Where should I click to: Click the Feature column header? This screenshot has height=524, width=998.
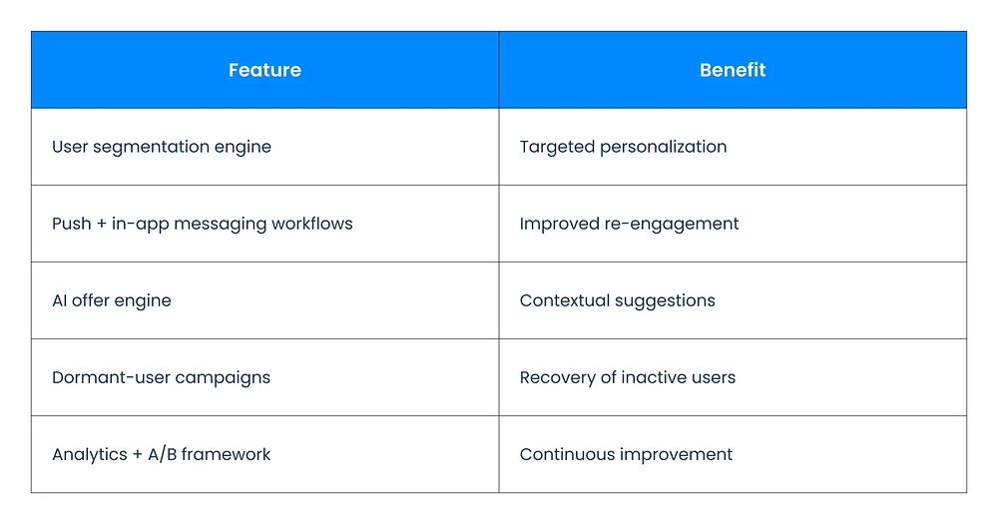(264, 70)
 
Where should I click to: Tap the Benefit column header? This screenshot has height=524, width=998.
(733, 70)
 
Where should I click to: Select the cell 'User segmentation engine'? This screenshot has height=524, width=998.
(264, 147)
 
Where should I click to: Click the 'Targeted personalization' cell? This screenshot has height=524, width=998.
(733, 147)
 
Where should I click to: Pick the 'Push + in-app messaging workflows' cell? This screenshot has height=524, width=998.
(264, 224)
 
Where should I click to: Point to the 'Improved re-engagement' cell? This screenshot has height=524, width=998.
(733, 224)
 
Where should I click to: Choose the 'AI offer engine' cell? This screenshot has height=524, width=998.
(264, 300)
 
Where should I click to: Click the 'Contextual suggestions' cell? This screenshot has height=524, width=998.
(733, 300)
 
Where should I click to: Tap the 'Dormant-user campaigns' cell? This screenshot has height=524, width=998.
(264, 377)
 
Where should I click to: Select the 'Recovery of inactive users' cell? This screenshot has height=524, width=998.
(733, 377)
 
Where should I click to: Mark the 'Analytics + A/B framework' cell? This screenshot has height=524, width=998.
(264, 454)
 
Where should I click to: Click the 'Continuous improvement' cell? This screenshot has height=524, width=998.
(733, 454)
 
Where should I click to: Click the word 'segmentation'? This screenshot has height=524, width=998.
(151, 148)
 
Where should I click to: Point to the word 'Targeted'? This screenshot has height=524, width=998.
(557, 148)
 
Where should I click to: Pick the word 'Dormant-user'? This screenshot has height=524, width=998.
(111, 377)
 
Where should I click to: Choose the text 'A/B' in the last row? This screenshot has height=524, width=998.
(163, 454)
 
